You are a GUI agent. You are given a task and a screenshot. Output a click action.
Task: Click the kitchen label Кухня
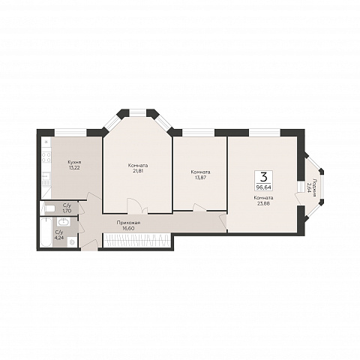coord(73,162)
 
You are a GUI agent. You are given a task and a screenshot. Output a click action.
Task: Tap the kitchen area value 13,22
coord(73,167)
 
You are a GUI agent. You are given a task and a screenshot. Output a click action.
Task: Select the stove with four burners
coord(46,157)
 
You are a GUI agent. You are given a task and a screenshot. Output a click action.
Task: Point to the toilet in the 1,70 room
coord(50,208)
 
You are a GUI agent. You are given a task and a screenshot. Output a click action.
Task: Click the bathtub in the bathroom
coord(46,232)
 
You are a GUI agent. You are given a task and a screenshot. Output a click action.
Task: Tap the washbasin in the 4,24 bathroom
coord(64,221)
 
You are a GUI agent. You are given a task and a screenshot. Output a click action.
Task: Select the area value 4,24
coord(59,238)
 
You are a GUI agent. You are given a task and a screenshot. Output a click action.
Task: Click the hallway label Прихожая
coord(128,223)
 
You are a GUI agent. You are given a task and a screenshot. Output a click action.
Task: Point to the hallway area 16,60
coord(128,228)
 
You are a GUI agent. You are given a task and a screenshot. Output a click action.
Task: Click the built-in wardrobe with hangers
coord(137,240)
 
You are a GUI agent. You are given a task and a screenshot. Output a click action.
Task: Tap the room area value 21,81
coord(138,171)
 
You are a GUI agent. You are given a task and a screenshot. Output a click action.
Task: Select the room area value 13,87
coord(200,178)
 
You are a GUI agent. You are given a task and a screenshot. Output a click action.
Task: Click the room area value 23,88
coord(263,203)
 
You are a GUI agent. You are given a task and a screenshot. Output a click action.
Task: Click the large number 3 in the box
coord(263,177)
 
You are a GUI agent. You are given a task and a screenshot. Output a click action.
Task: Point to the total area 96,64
coord(263,187)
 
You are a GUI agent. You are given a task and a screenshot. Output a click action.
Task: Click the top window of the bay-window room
coord(137,112)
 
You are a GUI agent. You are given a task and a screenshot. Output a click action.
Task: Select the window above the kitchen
coord(70,133)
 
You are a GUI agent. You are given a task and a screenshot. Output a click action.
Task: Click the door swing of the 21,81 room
coord(137,205)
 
